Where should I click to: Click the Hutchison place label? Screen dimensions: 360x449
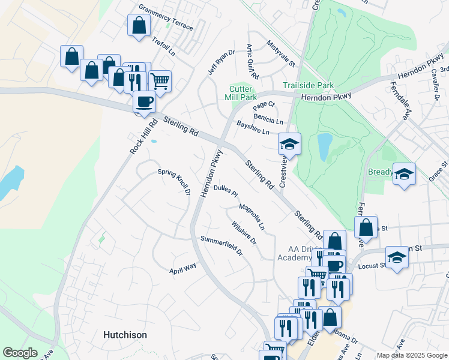[x=125, y=334]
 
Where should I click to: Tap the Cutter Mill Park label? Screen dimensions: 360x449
[x=242, y=92]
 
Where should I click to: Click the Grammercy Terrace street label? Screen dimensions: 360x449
[x=166, y=18]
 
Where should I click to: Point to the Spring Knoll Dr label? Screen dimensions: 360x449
[x=174, y=182]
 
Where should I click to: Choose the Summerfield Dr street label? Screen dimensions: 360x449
[x=221, y=245]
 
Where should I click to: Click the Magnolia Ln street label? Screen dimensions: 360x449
[x=252, y=217]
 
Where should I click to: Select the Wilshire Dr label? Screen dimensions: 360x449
[x=244, y=233]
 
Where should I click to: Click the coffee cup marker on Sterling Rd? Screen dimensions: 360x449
[x=144, y=101]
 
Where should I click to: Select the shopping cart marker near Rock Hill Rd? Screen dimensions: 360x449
[x=160, y=80]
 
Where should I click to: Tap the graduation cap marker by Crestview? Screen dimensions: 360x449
[x=289, y=143]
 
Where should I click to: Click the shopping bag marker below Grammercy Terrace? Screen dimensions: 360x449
[x=139, y=25]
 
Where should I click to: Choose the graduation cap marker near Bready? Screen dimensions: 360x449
[x=404, y=173]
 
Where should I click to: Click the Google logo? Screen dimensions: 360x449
[x=20, y=353]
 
